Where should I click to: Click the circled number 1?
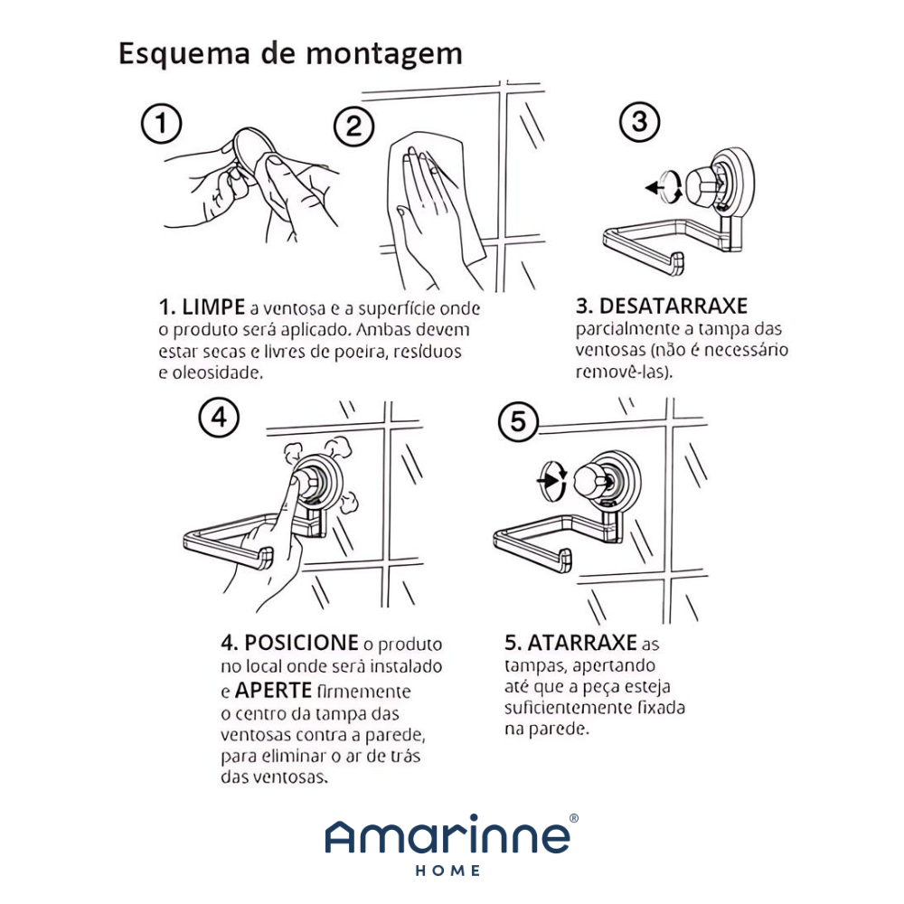click(162, 123)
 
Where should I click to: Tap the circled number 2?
click(354, 127)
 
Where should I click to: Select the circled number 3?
click(639, 122)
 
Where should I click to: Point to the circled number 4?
click(219, 417)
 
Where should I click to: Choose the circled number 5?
click(518, 421)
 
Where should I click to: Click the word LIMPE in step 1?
click(213, 307)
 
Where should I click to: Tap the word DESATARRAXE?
click(673, 306)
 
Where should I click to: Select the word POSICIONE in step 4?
click(301, 642)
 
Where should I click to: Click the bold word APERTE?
click(273, 690)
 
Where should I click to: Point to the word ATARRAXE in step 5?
click(582, 642)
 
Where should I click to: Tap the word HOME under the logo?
click(448, 871)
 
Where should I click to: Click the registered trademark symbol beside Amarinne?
click(574, 818)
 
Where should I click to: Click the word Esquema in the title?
click(184, 53)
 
